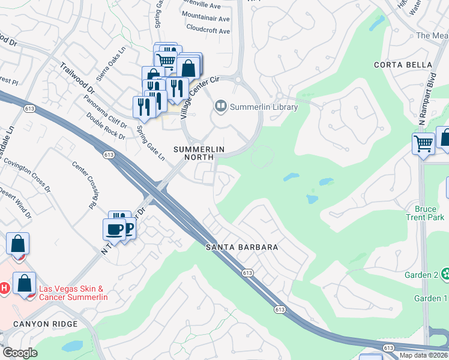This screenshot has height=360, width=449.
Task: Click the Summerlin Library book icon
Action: coord(220,107)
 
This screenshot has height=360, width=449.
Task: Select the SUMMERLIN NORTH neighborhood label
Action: coord(199,153)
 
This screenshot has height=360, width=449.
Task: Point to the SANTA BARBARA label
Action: coord(242,247)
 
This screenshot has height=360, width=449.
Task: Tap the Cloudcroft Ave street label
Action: coord(208,28)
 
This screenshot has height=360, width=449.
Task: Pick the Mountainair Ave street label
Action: coord(205,17)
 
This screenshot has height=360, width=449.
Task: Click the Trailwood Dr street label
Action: coord(76,79)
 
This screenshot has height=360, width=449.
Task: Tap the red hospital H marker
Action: coord(3,289)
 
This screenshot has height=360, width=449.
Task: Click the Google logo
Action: coord(20,353)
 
